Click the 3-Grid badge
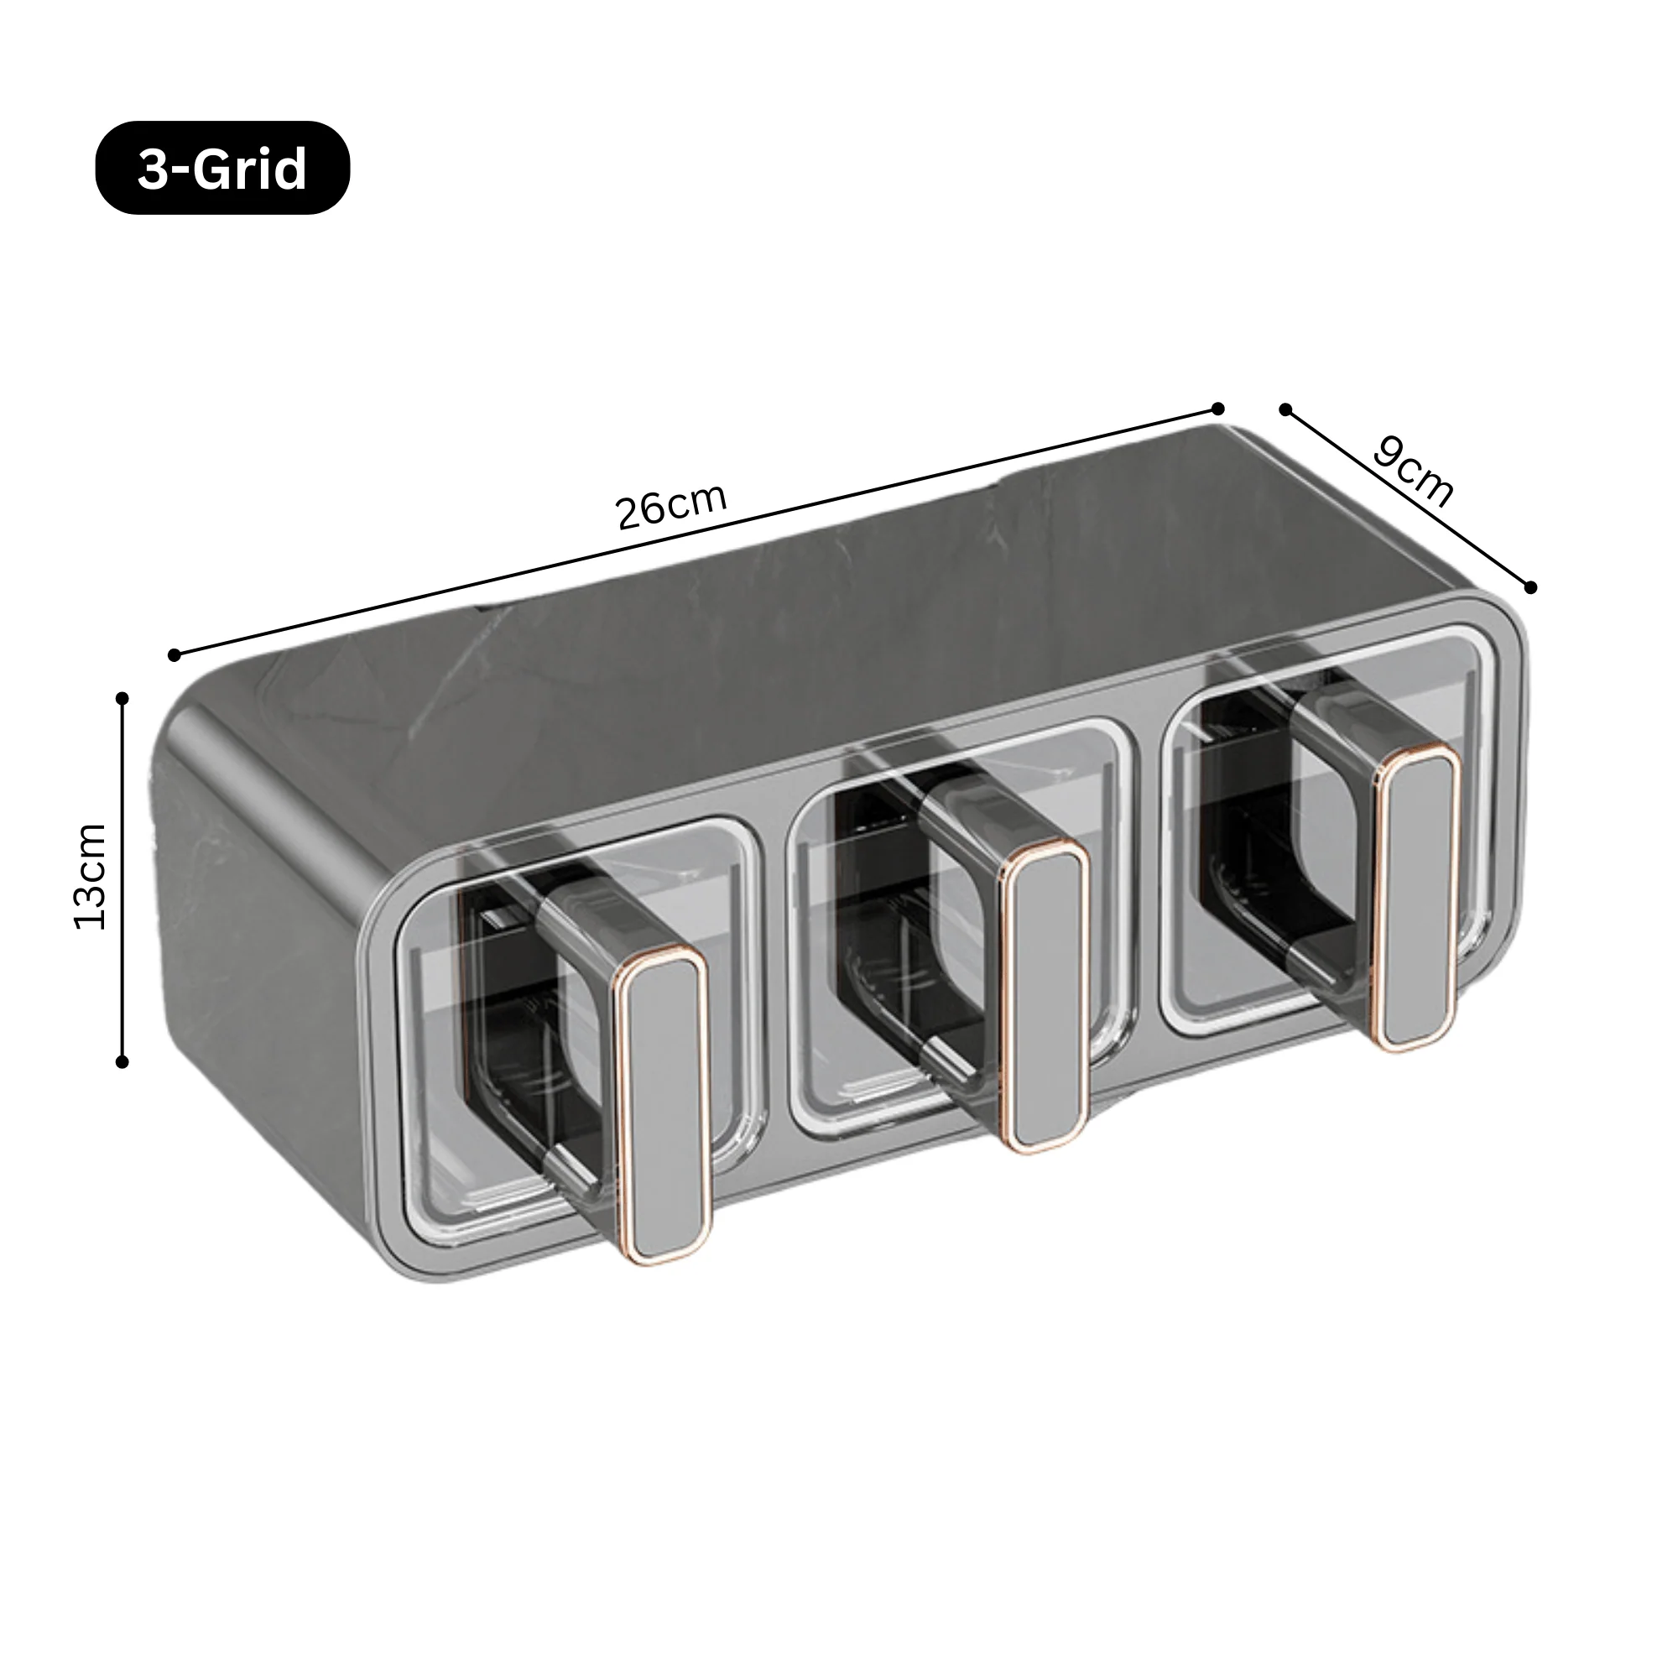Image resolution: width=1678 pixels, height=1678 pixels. click(x=222, y=169)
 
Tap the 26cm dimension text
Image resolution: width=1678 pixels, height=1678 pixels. click(x=670, y=505)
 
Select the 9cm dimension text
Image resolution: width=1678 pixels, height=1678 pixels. click(x=1413, y=473)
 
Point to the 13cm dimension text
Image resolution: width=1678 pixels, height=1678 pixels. click(x=91, y=878)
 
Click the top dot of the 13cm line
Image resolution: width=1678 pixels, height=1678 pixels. click(x=122, y=698)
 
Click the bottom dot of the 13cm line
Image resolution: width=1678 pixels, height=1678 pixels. click(x=122, y=1061)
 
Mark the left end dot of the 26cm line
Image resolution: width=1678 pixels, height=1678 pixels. click(x=175, y=655)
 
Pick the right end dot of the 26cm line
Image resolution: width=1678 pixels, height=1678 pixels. click(x=1217, y=409)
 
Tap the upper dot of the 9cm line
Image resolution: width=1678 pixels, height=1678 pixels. click(x=1285, y=409)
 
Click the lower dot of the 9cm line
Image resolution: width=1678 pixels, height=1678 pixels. click(x=1530, y=588)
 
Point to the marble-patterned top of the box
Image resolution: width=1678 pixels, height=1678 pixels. click(x=825, y=608)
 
